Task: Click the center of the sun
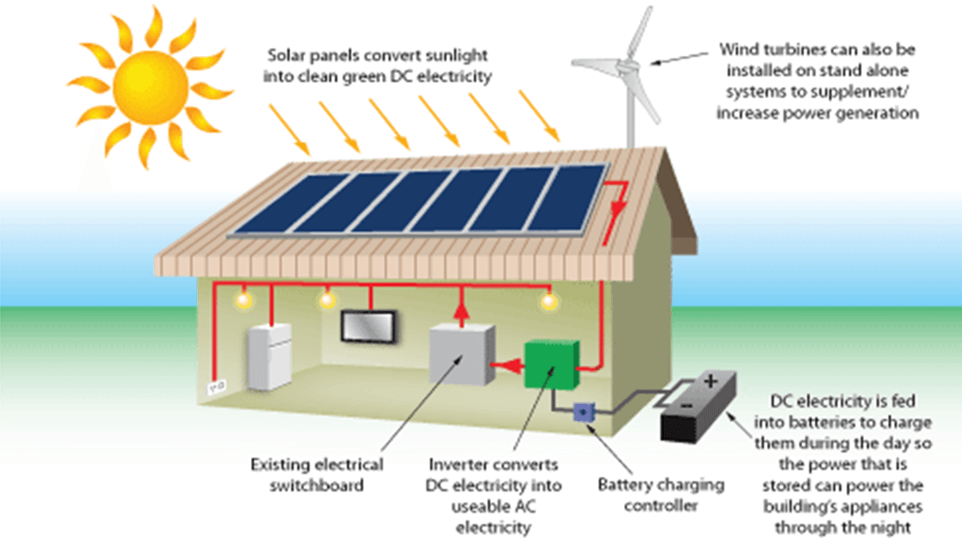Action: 150,88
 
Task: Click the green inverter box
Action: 551,364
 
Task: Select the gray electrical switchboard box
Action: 461,354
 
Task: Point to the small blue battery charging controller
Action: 583,412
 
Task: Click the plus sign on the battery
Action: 710,382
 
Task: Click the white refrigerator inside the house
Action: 270,356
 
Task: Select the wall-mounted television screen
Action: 368,327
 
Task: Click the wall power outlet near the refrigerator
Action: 217,387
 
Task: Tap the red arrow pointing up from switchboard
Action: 461,313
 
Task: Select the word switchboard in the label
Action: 317,486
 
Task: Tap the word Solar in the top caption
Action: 286,55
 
